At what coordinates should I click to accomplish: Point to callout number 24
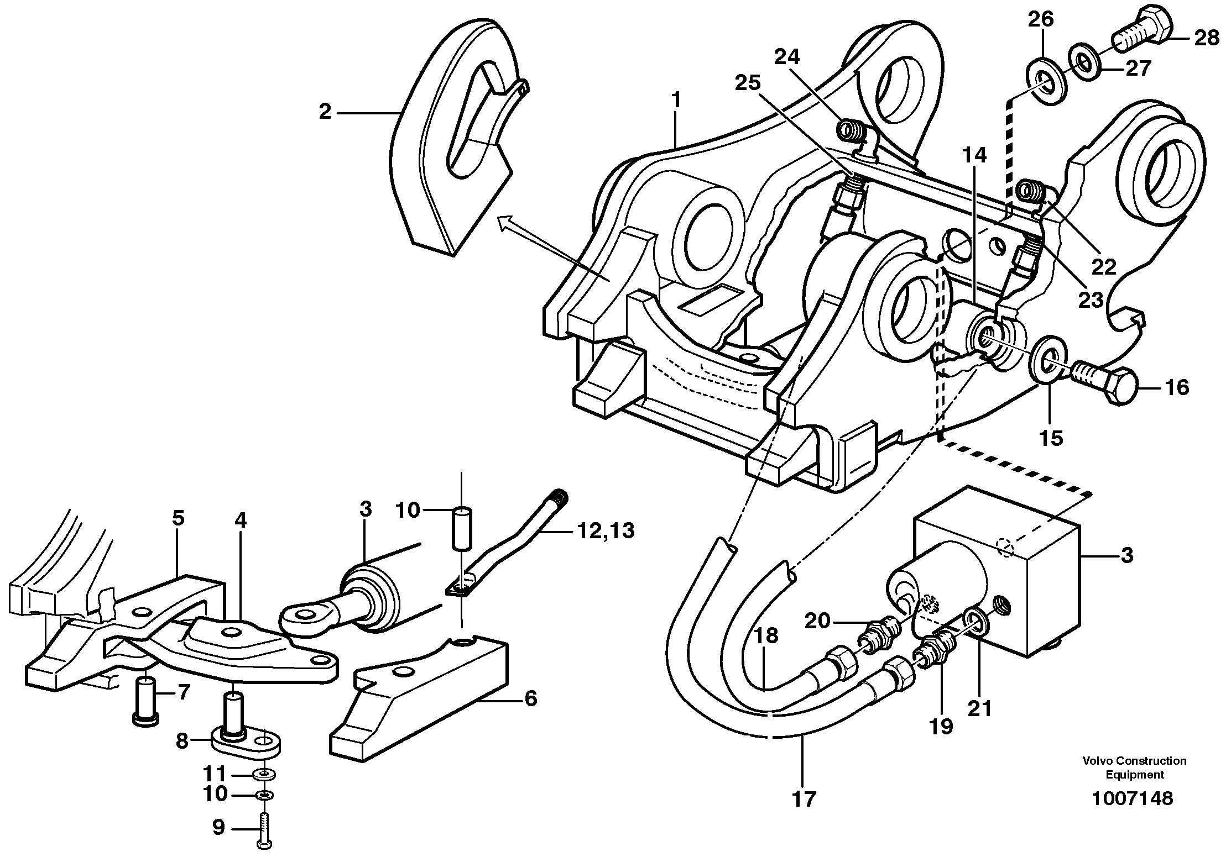[x=786, y=58]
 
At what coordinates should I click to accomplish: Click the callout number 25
[x=748, y=83]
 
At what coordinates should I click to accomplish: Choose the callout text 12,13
[x=605, y=531]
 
